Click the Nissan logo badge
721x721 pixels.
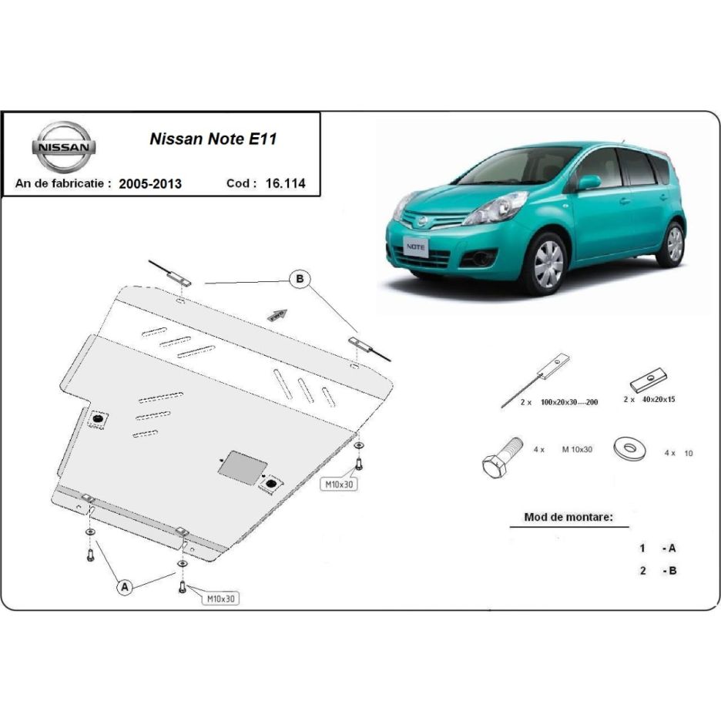(63, 147)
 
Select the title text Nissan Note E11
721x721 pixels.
(213, 139)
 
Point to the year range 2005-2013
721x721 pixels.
(150, 183)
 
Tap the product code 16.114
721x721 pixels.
(285, 183)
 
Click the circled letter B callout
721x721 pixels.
(300, 279)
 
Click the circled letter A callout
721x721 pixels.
(125, 587)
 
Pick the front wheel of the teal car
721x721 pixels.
(548, 264)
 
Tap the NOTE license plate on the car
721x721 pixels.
(416, 247)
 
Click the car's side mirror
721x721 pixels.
(588, 183)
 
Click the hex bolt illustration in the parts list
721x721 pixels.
(501, 458)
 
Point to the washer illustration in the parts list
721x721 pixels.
(629, 449)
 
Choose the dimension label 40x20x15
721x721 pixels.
(659, 400)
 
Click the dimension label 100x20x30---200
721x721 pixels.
(569, 402)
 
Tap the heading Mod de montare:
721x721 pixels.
(568, 518)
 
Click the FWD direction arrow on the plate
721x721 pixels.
(277, 316)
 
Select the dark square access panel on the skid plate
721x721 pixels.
(243, 466)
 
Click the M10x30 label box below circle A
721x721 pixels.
(221, 599)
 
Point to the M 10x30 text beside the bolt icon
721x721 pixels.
(577, 450)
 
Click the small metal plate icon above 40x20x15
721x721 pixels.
(649, 379)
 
